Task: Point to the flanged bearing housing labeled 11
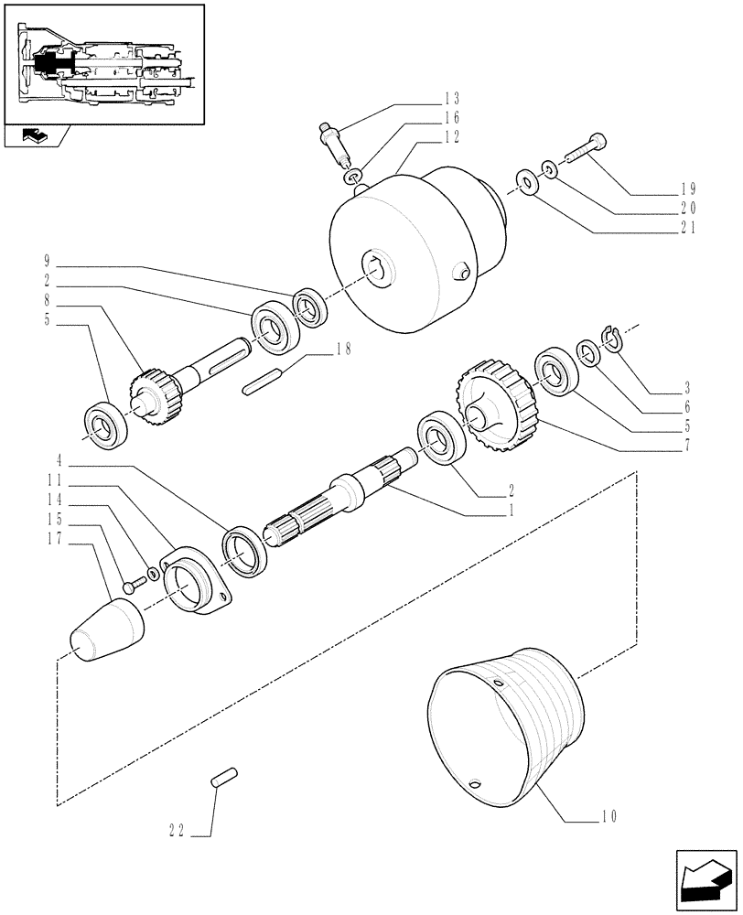[197, 585]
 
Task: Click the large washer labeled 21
[526, 181]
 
